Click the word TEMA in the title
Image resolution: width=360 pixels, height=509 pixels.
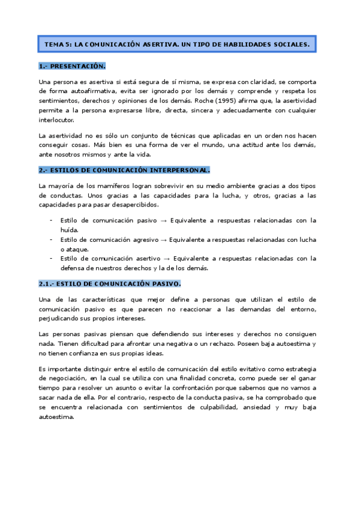54,45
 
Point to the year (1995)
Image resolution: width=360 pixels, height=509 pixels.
237,101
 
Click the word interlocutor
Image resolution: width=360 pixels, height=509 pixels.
56,120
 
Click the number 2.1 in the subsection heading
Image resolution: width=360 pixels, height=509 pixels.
46,283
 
